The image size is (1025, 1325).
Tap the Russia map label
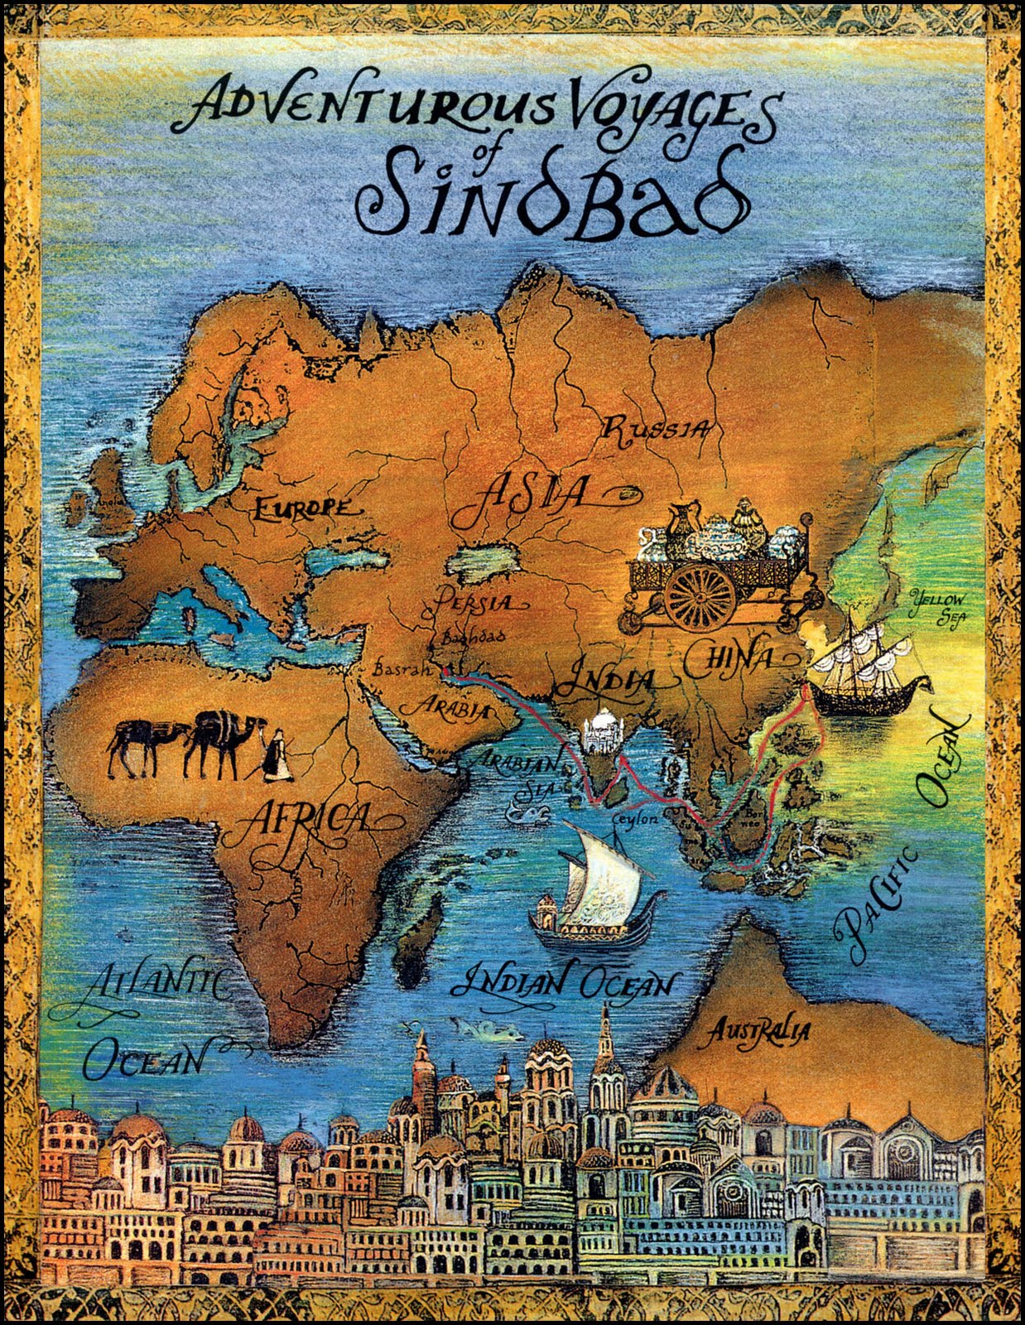point(655,429)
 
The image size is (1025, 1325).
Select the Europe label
point(301,507)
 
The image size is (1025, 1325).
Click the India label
point(602,681)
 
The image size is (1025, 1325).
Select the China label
point(729,659)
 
